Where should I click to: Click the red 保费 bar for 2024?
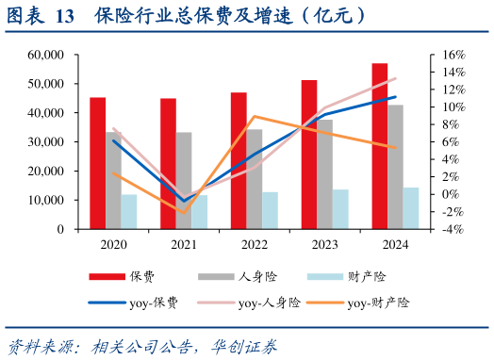click(x=379, y=146)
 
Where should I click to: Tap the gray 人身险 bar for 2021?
click(x=184, y=180)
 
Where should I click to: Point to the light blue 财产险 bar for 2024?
click(x=411, y=208)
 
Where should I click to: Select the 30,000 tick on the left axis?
click(x=46, y=142)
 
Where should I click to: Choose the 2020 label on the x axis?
click(x=113, y=244)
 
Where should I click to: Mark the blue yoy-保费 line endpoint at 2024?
click(x=395, y=96)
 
